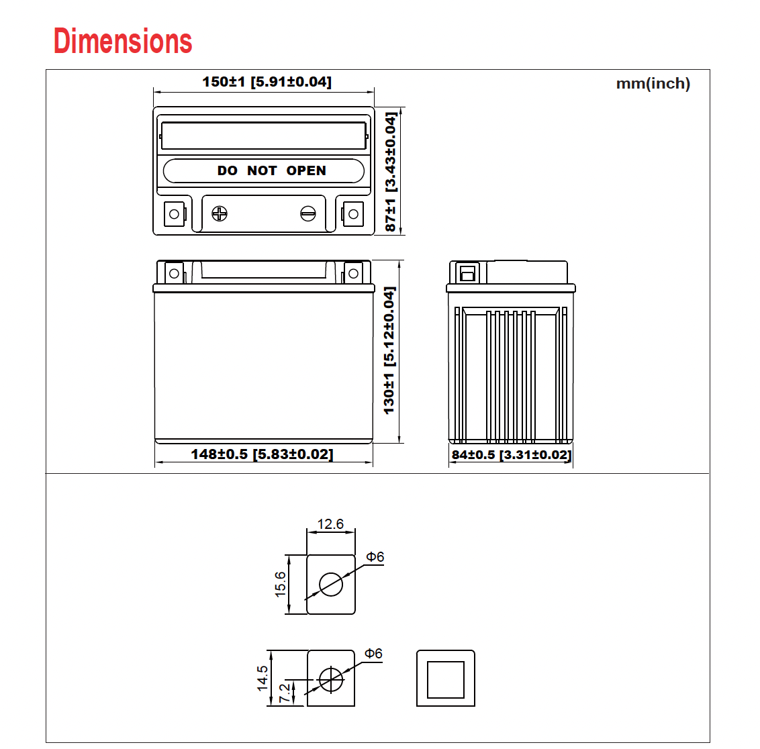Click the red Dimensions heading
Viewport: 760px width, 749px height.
[x=123, y=41]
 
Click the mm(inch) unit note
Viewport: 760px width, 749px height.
[x=653, y=83]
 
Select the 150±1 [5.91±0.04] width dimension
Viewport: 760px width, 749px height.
[x=267, y=81]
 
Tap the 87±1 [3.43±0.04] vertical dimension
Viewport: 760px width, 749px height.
[x=390, y=172]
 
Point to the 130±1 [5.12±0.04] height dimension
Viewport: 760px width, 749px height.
[x=389, y=350]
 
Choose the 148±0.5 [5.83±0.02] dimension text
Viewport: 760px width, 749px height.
[x=263, y=454]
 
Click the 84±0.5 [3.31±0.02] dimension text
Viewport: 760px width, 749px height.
[x=512, y=455]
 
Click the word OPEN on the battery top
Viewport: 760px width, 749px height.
[x=306, y=170]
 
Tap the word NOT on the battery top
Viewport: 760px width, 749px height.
[x=262, y=170]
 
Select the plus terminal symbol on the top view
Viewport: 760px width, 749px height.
[x=220, y=213]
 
